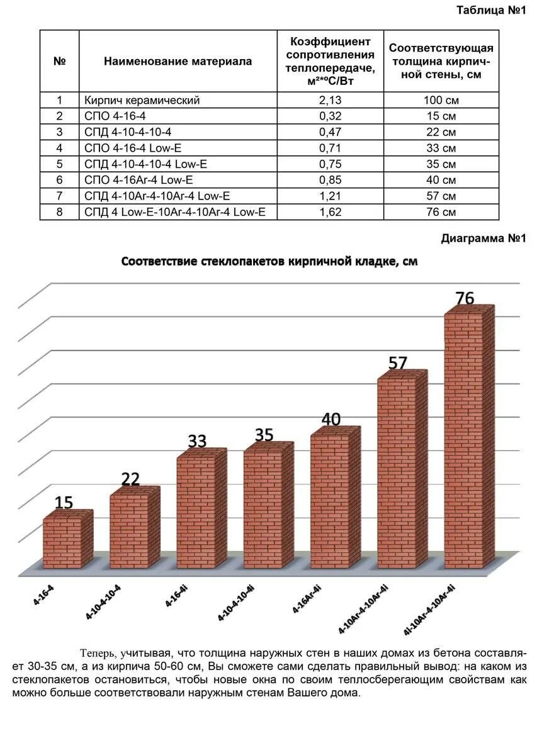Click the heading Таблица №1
pos(490,10)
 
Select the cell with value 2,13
pos(331,100)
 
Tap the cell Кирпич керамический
pos(142,100)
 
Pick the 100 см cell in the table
pos(441,100)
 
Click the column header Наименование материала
pos(178,61)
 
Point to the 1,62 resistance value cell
pos(331,212)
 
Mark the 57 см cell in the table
pos(441,196)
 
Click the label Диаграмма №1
pos(483,238)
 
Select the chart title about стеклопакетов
pos(269,261)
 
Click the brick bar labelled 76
pos(467,440)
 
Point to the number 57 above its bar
pos(398,363)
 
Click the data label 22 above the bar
pos(130,479)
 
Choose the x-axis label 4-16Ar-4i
pos(307,598)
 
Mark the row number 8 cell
pos(60,212)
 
